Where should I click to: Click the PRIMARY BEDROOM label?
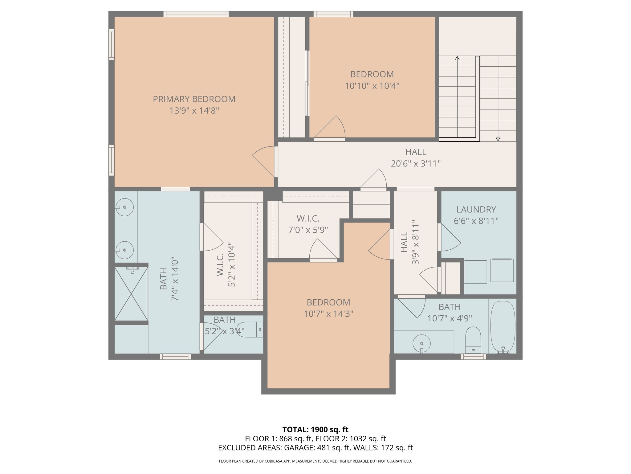[x=194, y=99]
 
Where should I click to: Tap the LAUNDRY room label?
[x=476, y=210]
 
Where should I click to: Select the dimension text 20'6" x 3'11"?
[x=416, y=164]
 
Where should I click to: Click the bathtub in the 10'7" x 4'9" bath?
[x=503, y=326]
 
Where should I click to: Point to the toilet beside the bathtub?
[x=473, y=339]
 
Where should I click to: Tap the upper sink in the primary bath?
[x=124, y=207]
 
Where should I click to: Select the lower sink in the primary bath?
[x=124, y=250]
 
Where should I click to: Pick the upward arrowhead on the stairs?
[x=457, y=58]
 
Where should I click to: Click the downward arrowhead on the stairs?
[x=498, y=139]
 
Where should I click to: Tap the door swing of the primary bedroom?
[x=264, y=161]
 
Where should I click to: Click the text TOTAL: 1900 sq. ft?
[x=315, y=430]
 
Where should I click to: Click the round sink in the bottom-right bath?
[x=421, y=343]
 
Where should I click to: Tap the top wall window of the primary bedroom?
[x=196, y=14]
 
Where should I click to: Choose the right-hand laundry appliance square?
[x=502, y=270]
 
